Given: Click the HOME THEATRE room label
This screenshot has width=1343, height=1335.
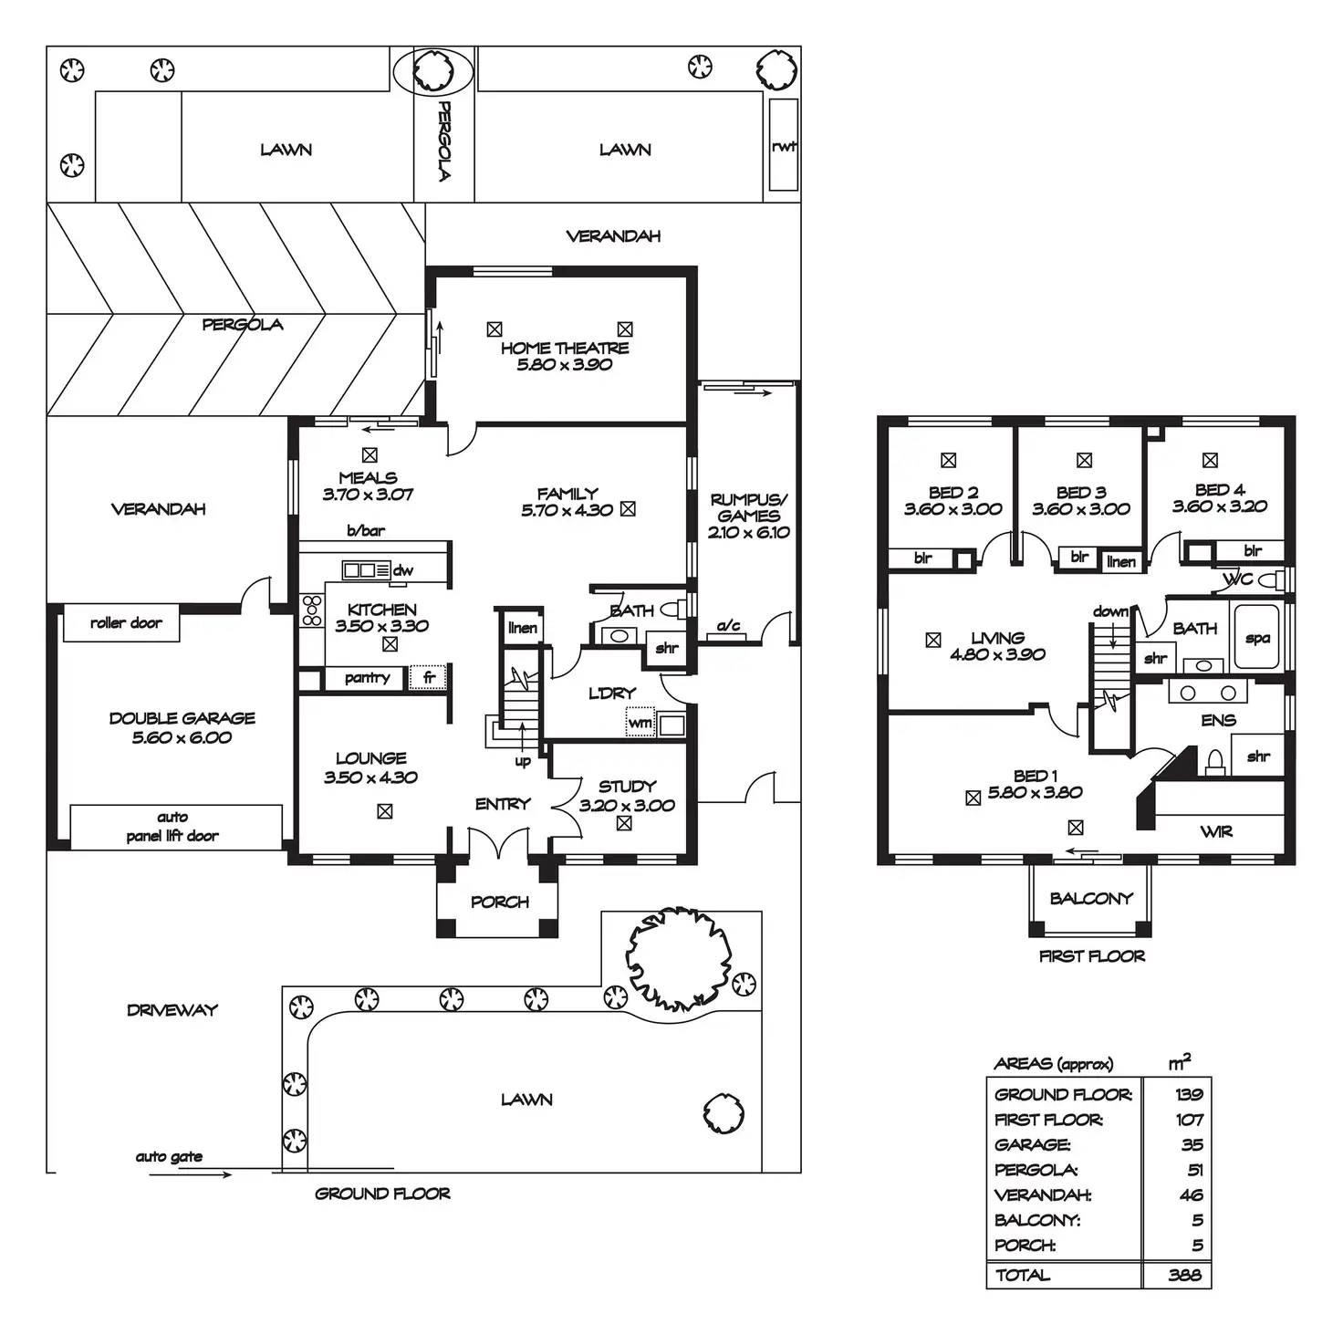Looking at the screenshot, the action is click(565, 348).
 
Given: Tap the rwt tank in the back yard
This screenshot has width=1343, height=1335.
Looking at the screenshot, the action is click(783, 146).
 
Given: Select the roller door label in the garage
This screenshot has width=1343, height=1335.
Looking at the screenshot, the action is click(126, 623).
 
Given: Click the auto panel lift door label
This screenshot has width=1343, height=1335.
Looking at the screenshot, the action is click(172, 827).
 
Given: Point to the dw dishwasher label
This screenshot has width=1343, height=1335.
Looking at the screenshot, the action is click(403, 570).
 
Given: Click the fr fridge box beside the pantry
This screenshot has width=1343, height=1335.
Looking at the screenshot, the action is click(428, 678).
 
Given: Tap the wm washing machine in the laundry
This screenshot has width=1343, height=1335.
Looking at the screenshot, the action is click(640, 723).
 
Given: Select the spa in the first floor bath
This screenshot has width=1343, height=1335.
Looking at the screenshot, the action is click(1257, 638).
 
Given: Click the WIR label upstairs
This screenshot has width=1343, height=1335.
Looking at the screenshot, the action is click(1216, 831).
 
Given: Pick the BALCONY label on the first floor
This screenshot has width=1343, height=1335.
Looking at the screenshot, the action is click(1090, 898).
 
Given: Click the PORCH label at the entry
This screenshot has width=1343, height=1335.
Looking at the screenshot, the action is click(499, 902).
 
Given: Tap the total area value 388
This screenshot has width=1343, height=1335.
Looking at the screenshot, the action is click(1184, 1275).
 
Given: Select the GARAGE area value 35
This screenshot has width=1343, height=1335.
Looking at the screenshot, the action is click(1192, 1144).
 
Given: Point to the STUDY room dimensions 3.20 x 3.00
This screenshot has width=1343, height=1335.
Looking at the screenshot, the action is click(627, 806).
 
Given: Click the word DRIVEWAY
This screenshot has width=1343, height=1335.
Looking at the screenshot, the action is click(172, 1010).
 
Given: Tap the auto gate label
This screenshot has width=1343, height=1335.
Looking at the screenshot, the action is click(169, 1157).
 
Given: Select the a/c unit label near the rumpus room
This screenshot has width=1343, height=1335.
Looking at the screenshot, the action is click(728, 626).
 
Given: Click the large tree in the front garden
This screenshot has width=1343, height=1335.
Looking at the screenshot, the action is click(678, 960).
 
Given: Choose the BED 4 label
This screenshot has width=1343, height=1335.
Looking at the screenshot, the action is click(1220, 490).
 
